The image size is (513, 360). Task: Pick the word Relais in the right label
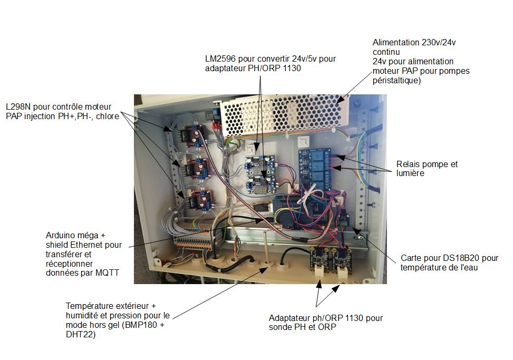[x=409, y=164]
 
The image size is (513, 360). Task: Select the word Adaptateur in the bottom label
[x=291, y=318]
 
